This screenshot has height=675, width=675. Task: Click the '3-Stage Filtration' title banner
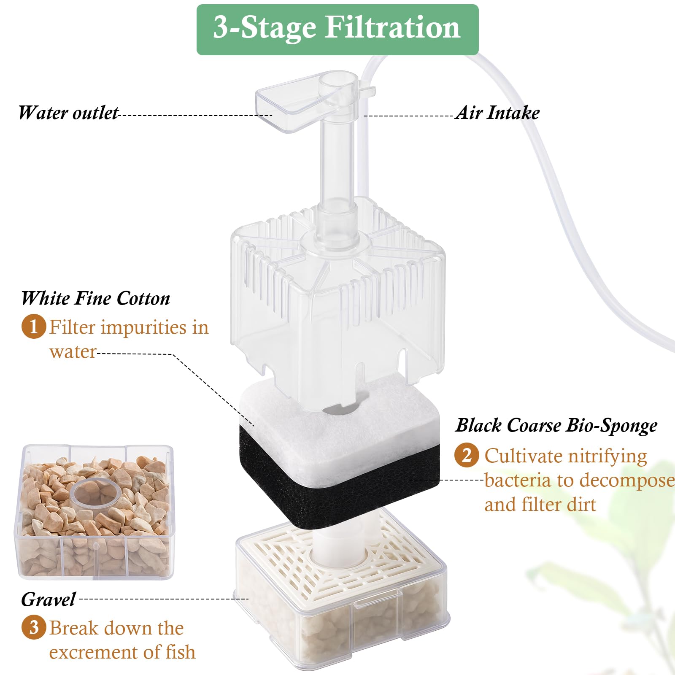337,30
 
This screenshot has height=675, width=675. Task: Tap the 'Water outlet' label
68,113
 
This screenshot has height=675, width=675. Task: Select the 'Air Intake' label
498,113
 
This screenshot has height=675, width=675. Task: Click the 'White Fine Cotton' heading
95,298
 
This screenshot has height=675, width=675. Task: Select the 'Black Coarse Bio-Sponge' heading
556,425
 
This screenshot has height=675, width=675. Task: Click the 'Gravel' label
48,599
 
